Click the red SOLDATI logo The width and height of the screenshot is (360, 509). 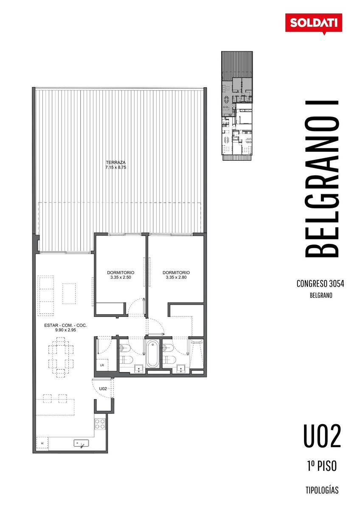point(313,24)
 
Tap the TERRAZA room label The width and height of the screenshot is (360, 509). point(115,162)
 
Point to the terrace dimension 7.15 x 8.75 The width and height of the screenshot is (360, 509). point(115,168)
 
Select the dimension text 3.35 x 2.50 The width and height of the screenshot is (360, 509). point(121,277)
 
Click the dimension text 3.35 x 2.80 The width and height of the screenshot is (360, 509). point(176,277)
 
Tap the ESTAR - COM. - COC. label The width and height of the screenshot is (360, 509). point(65,325)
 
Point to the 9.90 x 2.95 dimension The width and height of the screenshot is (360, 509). point(65,330)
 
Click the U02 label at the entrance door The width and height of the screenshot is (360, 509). point(103,389)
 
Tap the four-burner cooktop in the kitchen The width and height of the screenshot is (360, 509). point(100,424)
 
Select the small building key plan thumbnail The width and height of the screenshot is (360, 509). point(237,106)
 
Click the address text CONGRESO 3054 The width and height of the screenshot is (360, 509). point(320,284)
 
